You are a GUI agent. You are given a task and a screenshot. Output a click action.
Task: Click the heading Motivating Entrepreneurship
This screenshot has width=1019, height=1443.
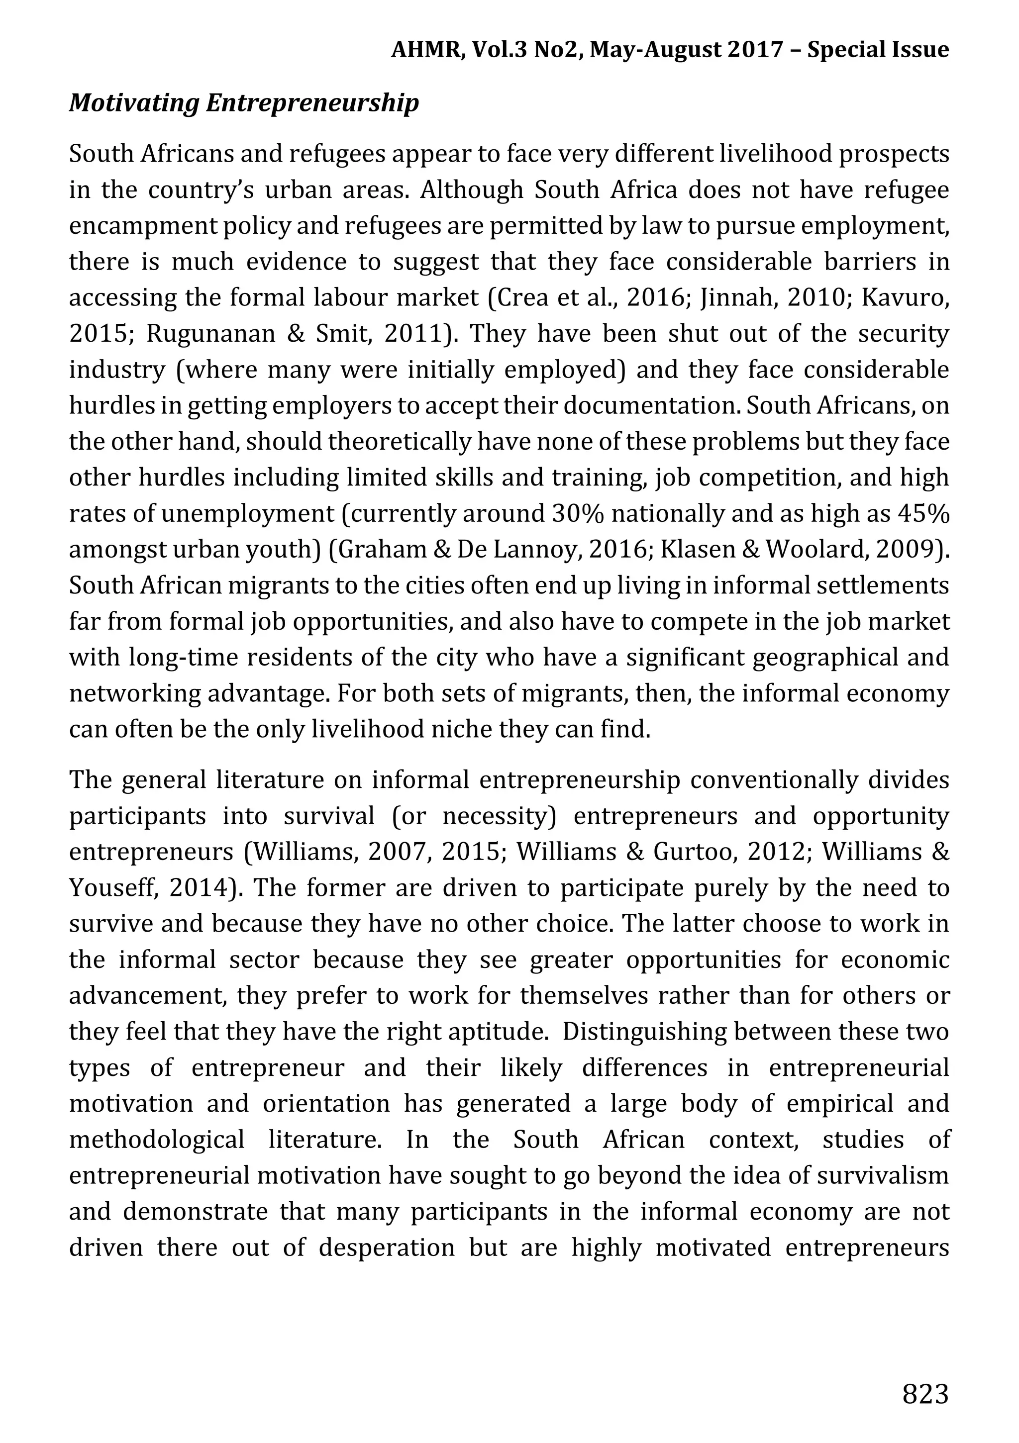click(x=244, y=103)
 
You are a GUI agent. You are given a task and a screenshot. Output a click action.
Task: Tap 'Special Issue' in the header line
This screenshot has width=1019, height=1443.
click(x=878, y=49)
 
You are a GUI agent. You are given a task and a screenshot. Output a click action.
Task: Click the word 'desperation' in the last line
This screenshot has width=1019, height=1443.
click(x=386, y=1248)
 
